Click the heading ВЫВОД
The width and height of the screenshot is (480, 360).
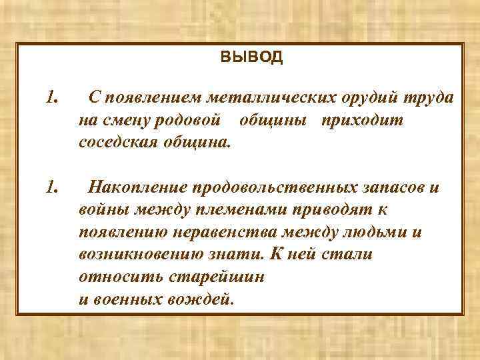[x=251, y=57]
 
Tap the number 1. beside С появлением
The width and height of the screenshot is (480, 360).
[x=54, y=98]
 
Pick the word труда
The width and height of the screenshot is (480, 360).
[x=429, y=98]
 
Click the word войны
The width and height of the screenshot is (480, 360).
[x=104, y=209]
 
